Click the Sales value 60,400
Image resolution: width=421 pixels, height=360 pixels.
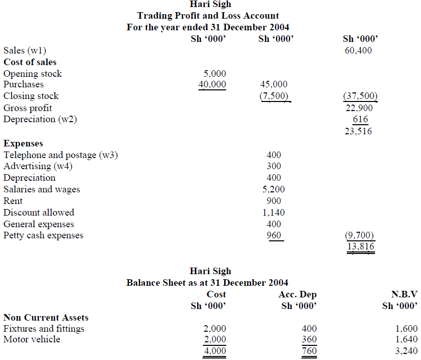(x=358, y=50)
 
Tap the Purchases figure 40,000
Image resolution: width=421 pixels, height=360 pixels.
(x=212, y=84)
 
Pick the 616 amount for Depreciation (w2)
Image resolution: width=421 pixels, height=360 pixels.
(x=360, y=120)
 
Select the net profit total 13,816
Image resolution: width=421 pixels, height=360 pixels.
(x=360, y=246)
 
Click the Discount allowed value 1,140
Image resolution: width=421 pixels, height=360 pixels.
(x=274, y=213)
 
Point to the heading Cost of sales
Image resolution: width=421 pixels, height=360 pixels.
(x=30, y=62)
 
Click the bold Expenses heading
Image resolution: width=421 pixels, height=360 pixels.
(x=23, y=143)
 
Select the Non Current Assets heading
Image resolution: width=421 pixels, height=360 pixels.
(x=46, y=318)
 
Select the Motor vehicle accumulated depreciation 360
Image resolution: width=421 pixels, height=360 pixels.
(x=309, y=339)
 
